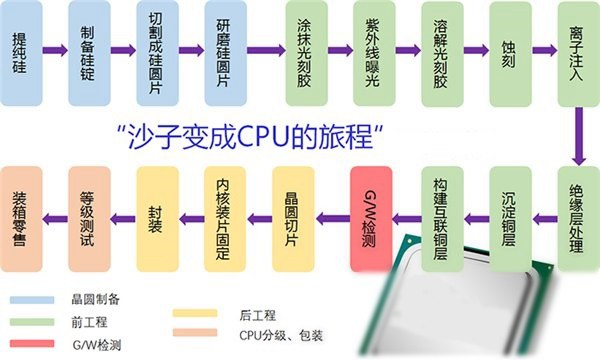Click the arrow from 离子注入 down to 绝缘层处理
(577, 135)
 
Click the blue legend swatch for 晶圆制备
(31, 299)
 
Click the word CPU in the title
(290, 133)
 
